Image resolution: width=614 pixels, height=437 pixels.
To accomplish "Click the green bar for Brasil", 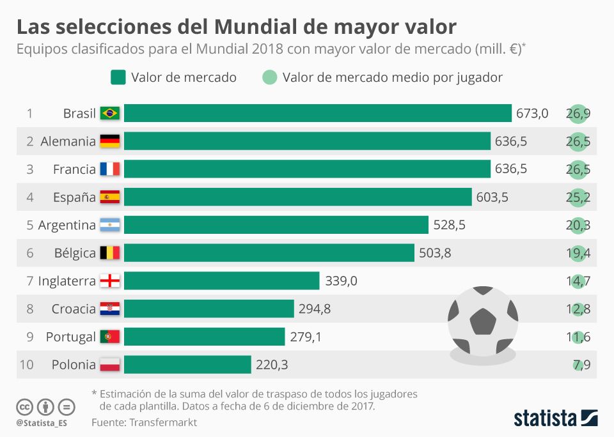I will [x=318, y=113].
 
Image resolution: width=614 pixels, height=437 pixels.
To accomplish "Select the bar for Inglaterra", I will [x=221, y=280].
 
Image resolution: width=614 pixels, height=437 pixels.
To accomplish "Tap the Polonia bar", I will [x=187, y=365].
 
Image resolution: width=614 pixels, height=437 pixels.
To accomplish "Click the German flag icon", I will [x=110, y=141].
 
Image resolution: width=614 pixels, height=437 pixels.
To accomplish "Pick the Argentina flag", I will [x=110, y=225].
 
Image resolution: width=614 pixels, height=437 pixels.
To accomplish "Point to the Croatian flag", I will [x=110, y=309].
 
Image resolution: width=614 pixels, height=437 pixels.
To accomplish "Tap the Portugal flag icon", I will [x=110, y=337].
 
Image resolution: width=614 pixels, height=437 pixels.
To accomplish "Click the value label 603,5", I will [x=492, y=197].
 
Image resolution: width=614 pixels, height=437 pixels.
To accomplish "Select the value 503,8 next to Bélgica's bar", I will [x=435, y=253].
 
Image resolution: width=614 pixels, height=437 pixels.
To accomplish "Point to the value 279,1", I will [x=305, y=337].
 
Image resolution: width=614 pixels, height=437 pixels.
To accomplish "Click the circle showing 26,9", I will [x=578, y=114].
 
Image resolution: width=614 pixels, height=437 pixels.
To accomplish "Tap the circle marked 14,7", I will [x=578, y=281].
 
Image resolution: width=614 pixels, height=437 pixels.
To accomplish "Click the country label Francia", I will [x=74, y=169].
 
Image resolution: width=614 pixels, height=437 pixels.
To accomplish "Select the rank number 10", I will [x=26, y=365].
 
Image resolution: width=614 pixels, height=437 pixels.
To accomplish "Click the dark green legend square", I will [x=118, y=77].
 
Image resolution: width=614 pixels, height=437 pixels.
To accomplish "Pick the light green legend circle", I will [x=270, y=77].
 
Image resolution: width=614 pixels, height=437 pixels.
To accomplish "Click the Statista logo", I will [x=555, y=418].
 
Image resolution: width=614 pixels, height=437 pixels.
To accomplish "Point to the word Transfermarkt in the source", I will [x=163, y=422].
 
